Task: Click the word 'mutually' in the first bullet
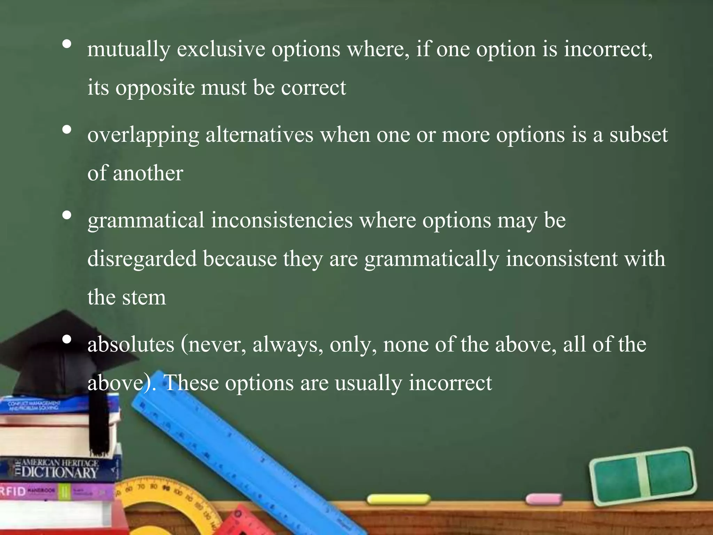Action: pyautogui.click(x=128, y=49)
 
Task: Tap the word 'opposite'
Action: pyautogui.click(x=155, y=88)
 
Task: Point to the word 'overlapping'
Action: pyautogui.click(x=143, y=136)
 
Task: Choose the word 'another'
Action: pyautogui.click(x=148, y=173)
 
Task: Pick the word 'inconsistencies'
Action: pyautogui.click(x=282, y=220)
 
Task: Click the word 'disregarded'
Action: pyautogui.click(x=142, y=259)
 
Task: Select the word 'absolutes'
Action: pyautogui.click(x=131, y=344)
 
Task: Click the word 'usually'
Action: pyautogui.click(x=368, y=383)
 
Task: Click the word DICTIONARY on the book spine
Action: pyautogui.click(x=59, y=473)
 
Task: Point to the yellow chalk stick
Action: pyautogui.click(x=398, y=499)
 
